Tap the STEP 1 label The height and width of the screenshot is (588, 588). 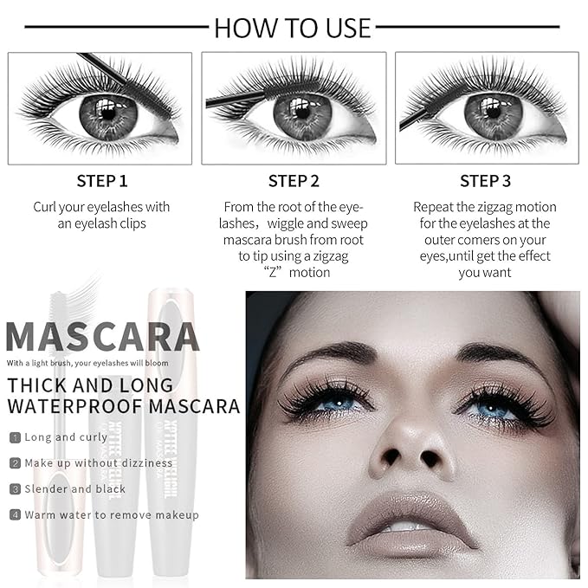pyautogui.click(x=101, y=181)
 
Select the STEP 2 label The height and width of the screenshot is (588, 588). pyautogui.click(x=294, y=181)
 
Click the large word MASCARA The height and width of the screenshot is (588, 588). pyautogui.click(x=102, y=337)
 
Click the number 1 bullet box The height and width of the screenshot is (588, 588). pyautogui.click(x=15, y=438)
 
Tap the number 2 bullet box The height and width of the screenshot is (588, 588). pyautogui.click(x=15, y=463)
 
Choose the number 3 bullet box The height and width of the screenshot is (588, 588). pyautogui.click(x=15, y=489)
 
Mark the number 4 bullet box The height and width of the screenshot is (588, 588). pyautogui.click(x=15, y=515)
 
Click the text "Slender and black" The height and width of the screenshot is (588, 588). pyautogui.click(x=75, y=489)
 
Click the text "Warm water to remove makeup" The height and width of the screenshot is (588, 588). pyautogui.click(x=112, y=515)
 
